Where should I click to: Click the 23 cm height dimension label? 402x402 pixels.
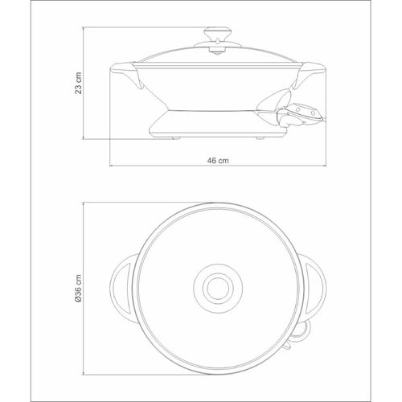[78, 83]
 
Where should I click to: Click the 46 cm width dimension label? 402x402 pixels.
[218, 161]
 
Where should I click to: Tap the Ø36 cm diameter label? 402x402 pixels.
[78, 289]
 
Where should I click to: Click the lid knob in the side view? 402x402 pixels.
[217, 40]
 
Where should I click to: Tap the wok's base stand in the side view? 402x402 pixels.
[218, 123]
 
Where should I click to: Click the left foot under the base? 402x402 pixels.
[175, 138]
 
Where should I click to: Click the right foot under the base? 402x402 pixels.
[260, 138]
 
